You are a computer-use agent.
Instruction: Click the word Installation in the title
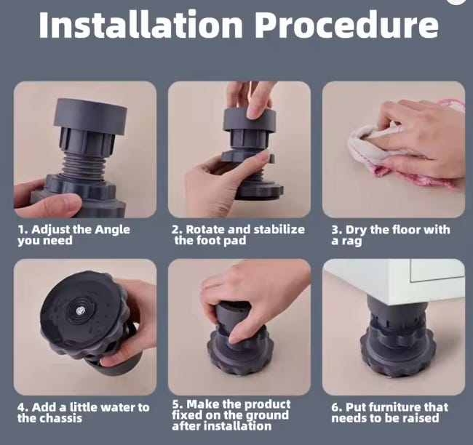140,25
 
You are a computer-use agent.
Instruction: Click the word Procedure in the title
347,25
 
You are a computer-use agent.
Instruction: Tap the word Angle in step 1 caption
112,230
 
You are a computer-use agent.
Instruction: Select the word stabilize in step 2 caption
279,230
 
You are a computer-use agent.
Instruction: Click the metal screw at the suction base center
79,310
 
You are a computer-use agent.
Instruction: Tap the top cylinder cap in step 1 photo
90,116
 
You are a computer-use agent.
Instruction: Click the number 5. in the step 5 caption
178,404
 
